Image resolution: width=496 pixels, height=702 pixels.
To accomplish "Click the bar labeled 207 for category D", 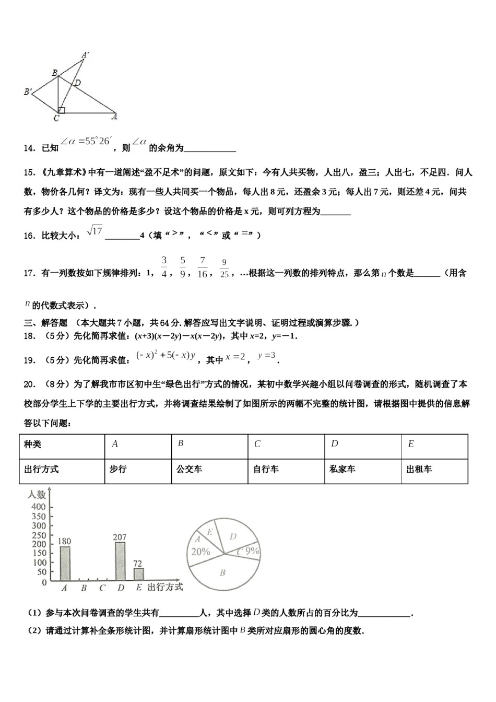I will point(120,561).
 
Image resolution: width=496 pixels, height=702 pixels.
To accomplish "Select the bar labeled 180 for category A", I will point(65,564).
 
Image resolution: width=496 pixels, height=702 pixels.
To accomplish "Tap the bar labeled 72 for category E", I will point(138,574).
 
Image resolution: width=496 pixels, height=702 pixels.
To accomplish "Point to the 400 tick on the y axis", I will point(39,507).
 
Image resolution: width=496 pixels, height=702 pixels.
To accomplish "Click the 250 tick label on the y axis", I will point(39,535).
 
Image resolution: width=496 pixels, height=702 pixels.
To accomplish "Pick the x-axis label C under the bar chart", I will point(102,588).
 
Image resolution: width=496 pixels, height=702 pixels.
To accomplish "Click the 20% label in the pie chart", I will point(201,552).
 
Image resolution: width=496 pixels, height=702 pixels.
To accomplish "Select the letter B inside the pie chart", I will point(222,573).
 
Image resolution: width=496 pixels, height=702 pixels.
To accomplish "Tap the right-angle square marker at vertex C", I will point(62,110).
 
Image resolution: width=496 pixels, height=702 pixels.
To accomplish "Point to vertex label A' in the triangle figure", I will point(85,54).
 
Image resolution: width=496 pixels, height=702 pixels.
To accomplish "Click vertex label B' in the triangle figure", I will point(28,92).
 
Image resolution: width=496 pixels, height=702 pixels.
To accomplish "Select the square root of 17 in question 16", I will point(95,230).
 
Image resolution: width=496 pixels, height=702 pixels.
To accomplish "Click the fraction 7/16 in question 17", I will point(203,267).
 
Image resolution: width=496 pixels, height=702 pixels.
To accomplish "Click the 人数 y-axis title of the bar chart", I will point(37,494).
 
